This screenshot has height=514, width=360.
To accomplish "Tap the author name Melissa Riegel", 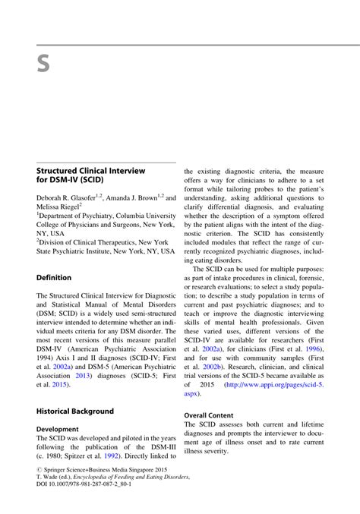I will (58, 207).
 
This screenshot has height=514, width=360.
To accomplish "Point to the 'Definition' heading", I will (54, 277).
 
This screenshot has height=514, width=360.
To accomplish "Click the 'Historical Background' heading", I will (74, 411).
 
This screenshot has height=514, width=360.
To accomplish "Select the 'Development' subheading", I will (57, 428).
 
